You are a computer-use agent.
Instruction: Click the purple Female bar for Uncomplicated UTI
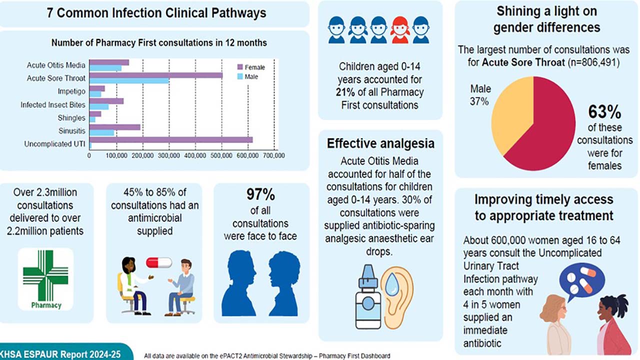170,140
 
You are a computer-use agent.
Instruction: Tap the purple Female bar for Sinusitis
115,127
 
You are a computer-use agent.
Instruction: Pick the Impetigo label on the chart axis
72,91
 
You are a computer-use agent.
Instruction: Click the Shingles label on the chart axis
71,118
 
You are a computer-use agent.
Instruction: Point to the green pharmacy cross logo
45,275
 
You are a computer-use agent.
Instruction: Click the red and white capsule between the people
158,262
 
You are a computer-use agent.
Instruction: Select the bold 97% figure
260,194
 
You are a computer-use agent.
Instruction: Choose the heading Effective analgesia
380,144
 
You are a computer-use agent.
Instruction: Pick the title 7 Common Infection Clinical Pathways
156,13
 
